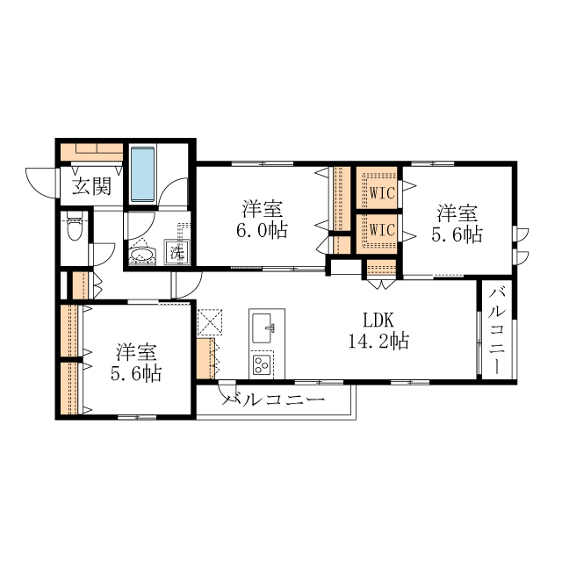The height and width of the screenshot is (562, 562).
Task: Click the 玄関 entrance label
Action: point(91,186)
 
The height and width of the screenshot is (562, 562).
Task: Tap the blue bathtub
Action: point(142,174)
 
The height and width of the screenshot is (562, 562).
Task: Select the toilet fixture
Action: point(75,226)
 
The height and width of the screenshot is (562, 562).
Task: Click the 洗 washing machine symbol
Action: point(177,252)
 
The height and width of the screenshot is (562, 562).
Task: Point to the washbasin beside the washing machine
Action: point(142,255)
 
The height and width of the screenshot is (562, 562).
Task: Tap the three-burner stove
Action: point(262,364)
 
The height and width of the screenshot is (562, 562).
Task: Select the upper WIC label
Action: point(382,193)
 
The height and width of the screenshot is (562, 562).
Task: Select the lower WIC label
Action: point(382,230)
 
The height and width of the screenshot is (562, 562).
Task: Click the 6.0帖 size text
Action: point(262,230)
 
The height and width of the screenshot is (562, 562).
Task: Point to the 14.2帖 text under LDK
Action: point(378,341)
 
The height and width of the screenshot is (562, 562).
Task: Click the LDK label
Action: point(378,320)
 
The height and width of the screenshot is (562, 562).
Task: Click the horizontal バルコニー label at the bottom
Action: point(274,400)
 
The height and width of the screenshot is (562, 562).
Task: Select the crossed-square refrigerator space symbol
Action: point(210,322)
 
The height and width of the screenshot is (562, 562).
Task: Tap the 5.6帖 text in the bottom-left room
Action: point(136,373)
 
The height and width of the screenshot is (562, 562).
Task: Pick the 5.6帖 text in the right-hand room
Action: point(457,234)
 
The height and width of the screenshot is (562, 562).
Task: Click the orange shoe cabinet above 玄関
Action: point(91,152)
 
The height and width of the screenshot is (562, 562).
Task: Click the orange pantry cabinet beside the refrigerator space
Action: point(205,358)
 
